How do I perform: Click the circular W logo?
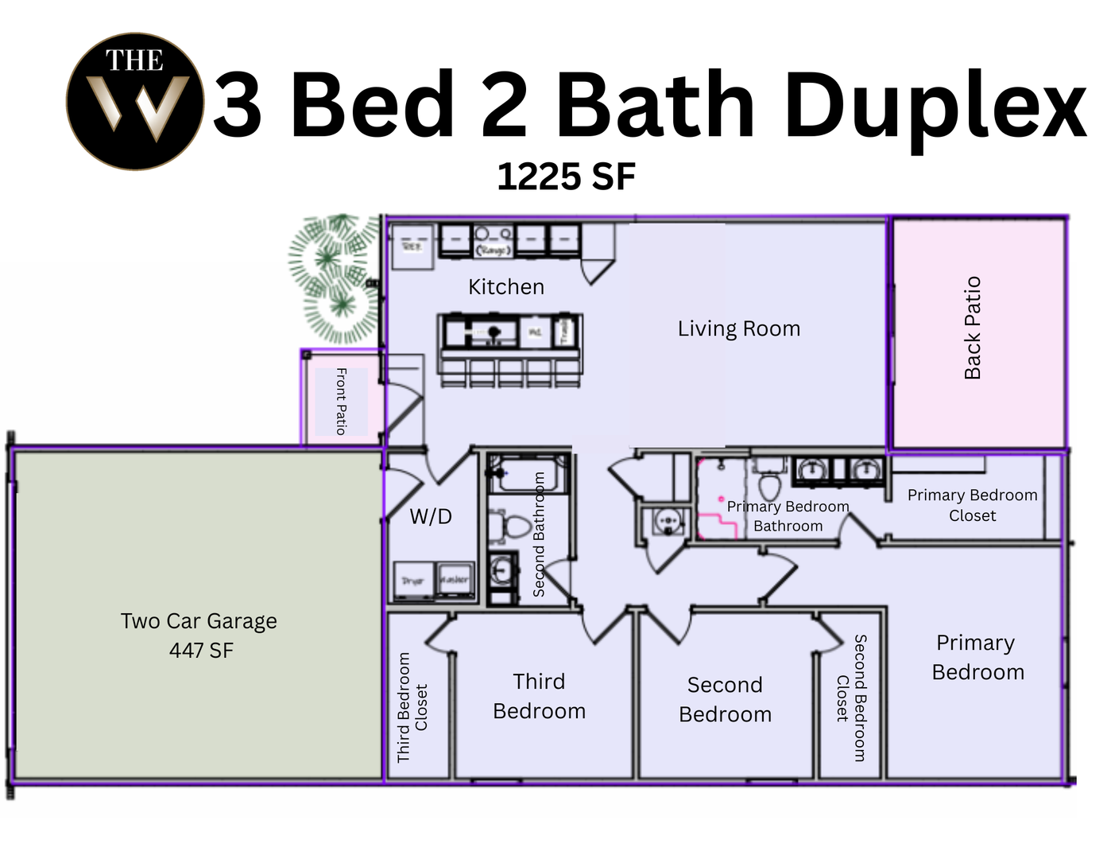pyautogui.click(x=135, y=101)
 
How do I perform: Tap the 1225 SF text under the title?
pyautogui.click(x=566, y=177)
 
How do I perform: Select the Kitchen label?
pyautogui.click(x=505, y=287)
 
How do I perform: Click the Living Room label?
pyautogui.click(x=738, y=328)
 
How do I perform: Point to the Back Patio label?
pyautogui.click(x=973, y=328)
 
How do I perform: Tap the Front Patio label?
pyautogui.click(x=341, y=401)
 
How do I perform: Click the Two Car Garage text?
pyautogui.click(x=199, y=621)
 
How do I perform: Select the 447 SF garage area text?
pyautogui.click(x=201, y=651)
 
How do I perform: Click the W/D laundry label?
pyautogui.click(x=431, y=517)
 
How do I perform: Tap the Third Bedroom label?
pyautogui.click(x=539, y=696)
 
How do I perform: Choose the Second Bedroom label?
pyautogui.click(x=725, y=699)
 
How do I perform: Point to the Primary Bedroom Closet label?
pyautogui.click(x=972, y=505)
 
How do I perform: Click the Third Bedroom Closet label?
pyautogui.click(x=412, y=707)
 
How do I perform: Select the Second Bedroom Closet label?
pyautogui.click(x=851, y=698)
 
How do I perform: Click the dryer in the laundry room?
pyautogui.click(x=413, y=581)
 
